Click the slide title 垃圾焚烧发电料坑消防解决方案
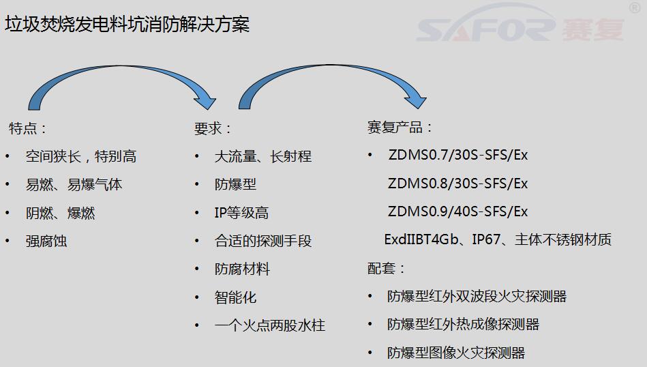tap(127, 25)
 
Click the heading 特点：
tap(27, 128)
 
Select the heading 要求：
tap(213, 128)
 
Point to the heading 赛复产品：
tap(400, 127)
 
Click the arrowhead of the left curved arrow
tap(206, 101)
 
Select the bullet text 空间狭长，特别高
tap(81, 156)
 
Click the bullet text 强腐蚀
tap(46, 241)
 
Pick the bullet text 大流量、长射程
tap(263, 156)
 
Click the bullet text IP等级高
tap(241, 213)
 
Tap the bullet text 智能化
tap(236, 297)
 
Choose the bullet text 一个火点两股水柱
tap(270, 325)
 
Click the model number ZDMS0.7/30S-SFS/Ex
tap(458, 156)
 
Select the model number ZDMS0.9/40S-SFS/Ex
tap(458, 211)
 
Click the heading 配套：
tap(386, 268)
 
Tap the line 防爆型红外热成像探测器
tap(464, 325)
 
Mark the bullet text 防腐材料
tap(242, 269)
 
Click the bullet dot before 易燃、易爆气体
tap(7, 185)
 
